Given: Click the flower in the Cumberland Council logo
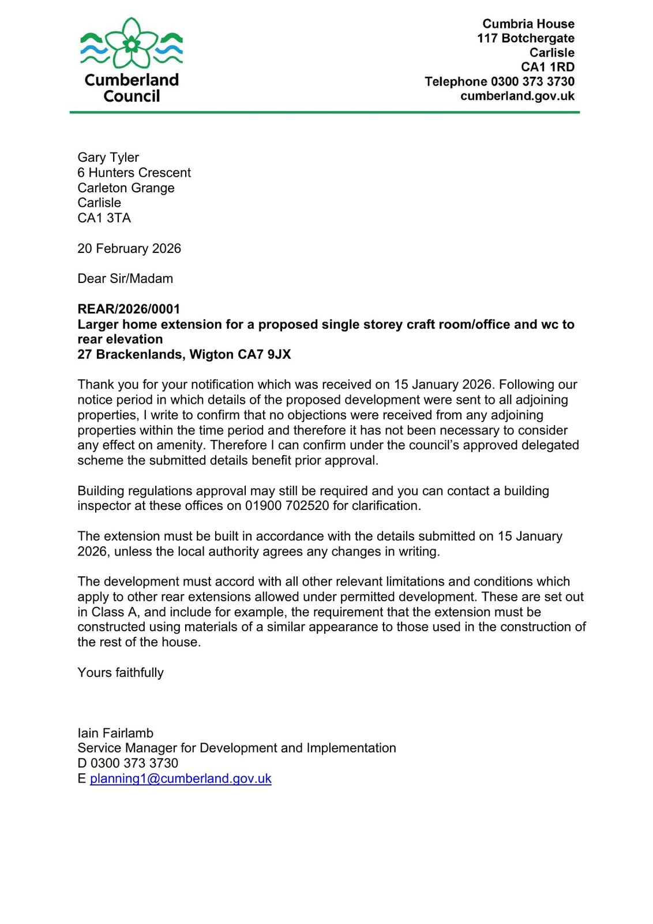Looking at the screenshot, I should coord(132,43).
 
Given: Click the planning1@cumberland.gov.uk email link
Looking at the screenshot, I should coord(181,778).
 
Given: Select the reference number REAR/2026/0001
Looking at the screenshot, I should coord(129,310).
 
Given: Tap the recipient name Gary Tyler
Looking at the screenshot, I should coord(108,158).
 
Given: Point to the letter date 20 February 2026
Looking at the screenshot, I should coord(129,248).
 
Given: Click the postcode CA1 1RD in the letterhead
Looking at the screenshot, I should coord(547,67).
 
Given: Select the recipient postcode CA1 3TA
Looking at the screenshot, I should coord(104,218).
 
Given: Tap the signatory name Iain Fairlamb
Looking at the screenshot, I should coord(115,733).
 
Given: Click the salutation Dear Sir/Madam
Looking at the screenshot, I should coord(125,279).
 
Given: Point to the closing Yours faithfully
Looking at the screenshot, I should coord(121,673).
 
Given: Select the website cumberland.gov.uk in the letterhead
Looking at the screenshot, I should coord(517,96).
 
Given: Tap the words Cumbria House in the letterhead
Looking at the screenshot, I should coord(528,24).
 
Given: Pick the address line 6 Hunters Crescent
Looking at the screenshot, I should coord(134,173).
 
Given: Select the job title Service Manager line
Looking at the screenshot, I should coord(237,748).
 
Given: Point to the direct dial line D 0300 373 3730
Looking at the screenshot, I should coord(127,763).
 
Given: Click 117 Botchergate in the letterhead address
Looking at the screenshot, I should coord(526,38).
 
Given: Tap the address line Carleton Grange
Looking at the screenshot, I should coord(126,188).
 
